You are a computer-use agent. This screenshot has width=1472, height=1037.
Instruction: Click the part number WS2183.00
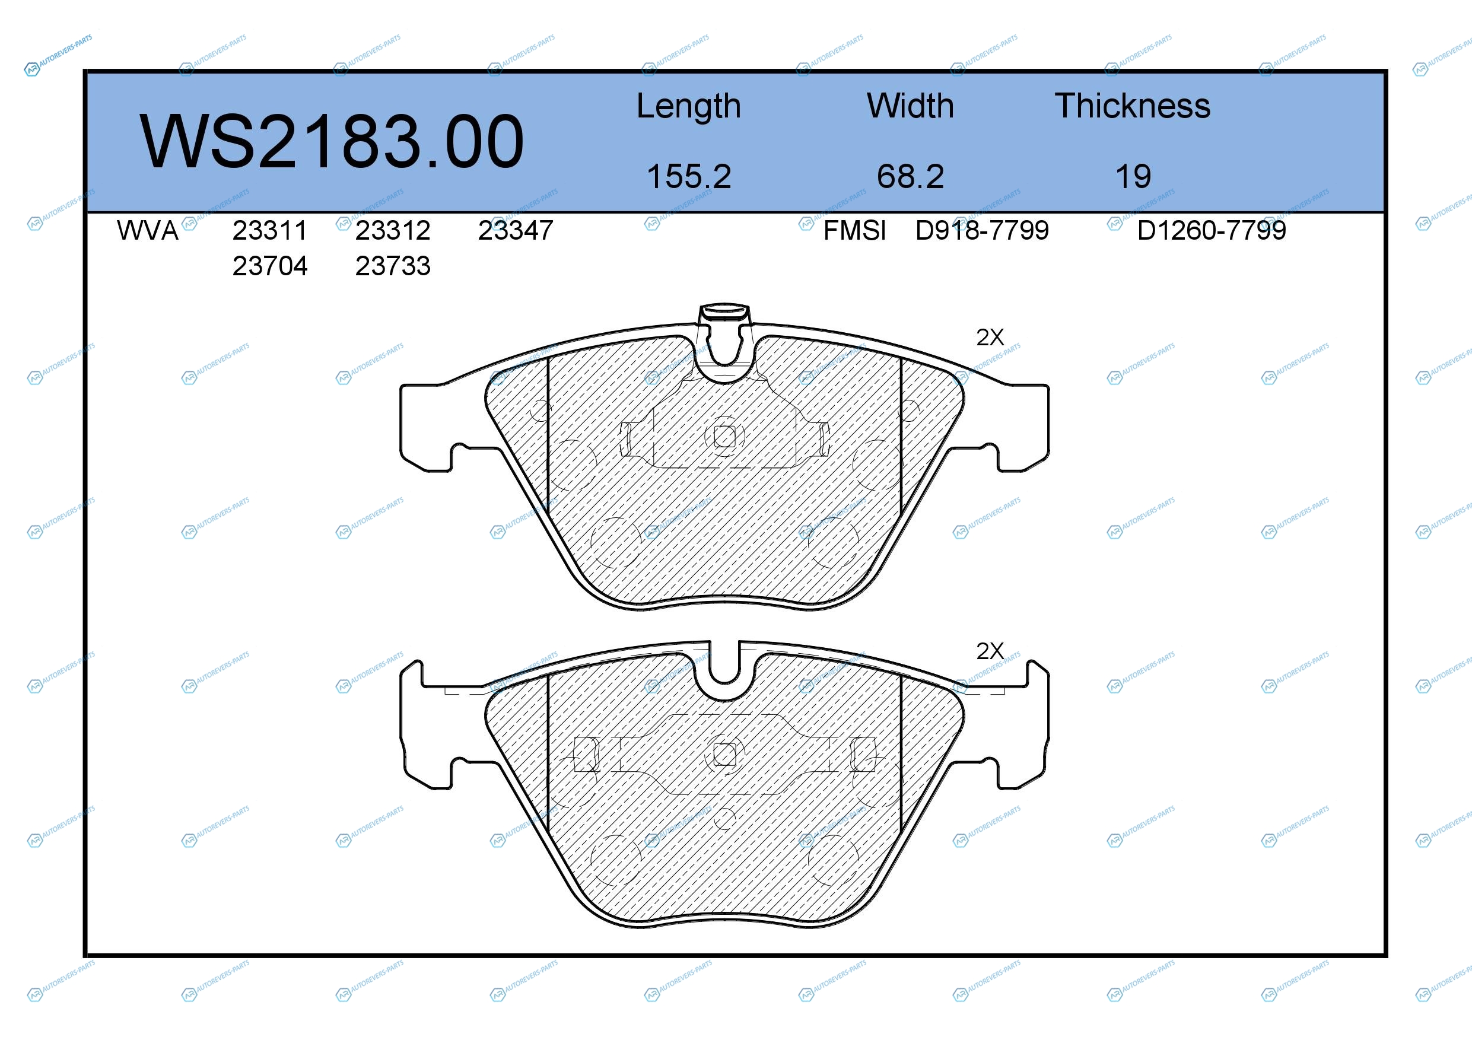[332, 141]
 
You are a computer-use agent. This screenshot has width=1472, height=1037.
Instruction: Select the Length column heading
[689, 106]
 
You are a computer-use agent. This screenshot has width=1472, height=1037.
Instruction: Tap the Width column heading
[910, 106]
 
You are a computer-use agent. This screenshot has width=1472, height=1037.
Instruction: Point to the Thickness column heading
[1133, 106]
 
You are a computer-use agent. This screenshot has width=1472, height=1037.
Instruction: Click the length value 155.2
[689, 176]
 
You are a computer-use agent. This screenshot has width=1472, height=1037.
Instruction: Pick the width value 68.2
[910, 176]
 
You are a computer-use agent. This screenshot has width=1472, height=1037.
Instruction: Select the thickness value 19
[1133, 176]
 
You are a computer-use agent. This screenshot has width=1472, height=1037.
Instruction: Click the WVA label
[148, 231]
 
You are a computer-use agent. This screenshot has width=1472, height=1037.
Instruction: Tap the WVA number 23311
[270, 231]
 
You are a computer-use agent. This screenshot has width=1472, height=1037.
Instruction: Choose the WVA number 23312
[393, 231]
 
